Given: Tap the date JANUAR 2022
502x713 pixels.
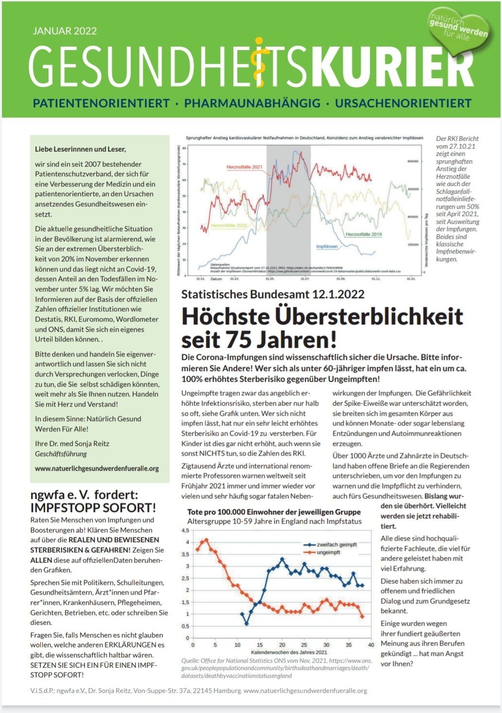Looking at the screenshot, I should pos(65,31).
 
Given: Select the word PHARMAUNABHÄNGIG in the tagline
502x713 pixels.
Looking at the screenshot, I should pos(252,103).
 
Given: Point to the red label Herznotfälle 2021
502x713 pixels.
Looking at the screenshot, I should pos(244,167).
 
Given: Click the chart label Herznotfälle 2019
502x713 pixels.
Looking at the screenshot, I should pos(364,235).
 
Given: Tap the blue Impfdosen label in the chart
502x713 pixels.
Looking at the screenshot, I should pos(327,247).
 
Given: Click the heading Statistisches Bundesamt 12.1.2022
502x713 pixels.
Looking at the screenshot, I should pos(273,294).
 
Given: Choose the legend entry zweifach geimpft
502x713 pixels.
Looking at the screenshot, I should pos(337,544).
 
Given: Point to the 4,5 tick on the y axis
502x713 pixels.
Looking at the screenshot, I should pos(185,530).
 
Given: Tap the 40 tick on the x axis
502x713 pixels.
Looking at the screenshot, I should pos(370,645).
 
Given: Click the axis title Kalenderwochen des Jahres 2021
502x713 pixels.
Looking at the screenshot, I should pos(289,652).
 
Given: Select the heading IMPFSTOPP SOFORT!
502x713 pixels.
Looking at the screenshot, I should pos(93,508).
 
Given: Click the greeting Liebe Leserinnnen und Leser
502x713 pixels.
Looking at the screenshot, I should pos(80,149).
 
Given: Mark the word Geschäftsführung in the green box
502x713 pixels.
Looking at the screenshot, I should pos(61,454).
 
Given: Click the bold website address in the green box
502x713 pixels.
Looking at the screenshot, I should pos(97,469).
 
